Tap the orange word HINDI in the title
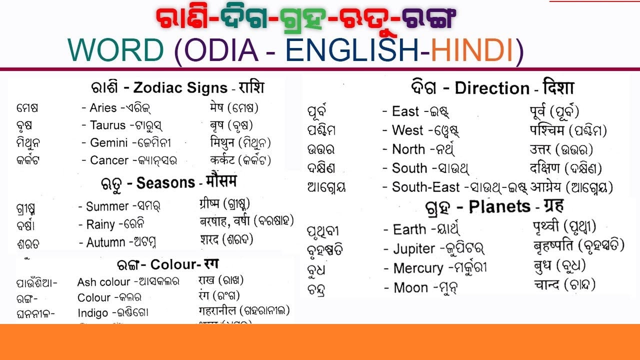pos(472,50)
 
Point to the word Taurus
pos(107,125)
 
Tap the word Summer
pos(107,206)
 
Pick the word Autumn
pos(106,243)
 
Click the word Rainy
pos(101,224)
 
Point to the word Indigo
pos(92,313)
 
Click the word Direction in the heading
pos(492,89)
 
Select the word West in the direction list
pos(407,130)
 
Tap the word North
pos(408,149)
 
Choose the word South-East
pos(425,187)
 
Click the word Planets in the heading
pos(499,206)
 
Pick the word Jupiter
pos(414,249)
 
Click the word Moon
pos(410,288)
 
